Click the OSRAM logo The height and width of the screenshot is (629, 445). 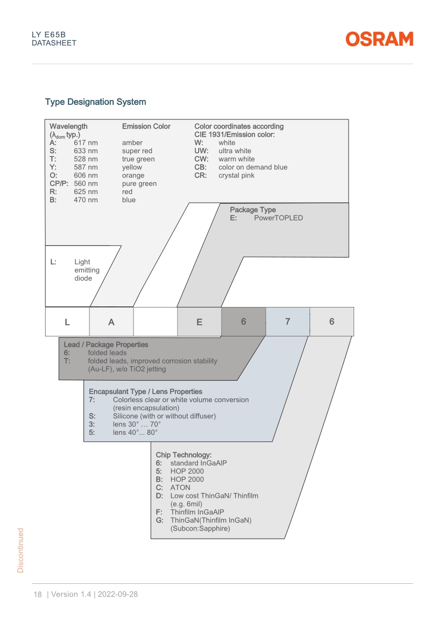(379, 39)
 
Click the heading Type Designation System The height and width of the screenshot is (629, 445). (96, 102)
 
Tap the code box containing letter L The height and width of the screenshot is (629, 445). (67, 321)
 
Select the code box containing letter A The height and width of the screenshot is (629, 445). (111, 321)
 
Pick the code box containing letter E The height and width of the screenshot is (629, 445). (199, 321)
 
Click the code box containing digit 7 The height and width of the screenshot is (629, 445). (287, 321)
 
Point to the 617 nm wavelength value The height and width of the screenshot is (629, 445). (86, 143)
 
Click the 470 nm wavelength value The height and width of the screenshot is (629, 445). (86, 200)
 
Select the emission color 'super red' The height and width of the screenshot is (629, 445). (137, 151)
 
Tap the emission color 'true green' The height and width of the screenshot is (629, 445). (139, 159)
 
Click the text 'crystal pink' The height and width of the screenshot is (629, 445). (237, 176)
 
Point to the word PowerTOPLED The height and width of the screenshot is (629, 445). (278, 218)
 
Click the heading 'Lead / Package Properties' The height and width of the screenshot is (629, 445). (106, 345)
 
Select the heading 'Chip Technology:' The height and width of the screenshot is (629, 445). (183, 455)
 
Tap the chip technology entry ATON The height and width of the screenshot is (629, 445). (180, 488)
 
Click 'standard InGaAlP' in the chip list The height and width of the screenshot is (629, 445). (199, 463)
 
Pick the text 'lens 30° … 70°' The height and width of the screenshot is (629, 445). (137, 424)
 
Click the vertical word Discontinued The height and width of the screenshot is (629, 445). (20, 551)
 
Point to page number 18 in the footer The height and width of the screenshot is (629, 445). (38, 595)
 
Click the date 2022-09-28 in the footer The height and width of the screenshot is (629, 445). (118, 595)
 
